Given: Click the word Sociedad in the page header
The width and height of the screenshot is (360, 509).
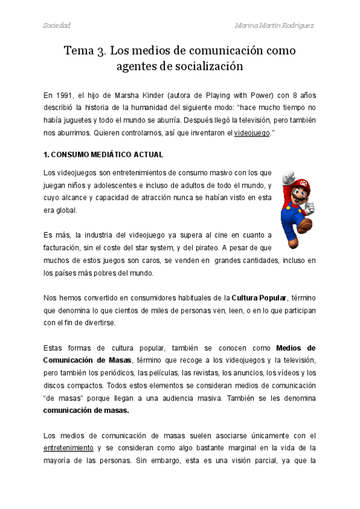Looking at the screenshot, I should [x=57, y=25].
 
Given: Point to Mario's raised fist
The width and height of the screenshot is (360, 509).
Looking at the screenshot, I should [x=287, y=176].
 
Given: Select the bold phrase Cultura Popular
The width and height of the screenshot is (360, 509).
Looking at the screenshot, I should [x=259, y=297].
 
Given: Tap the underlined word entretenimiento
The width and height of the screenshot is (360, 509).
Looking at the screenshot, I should [x=68, y=448].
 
